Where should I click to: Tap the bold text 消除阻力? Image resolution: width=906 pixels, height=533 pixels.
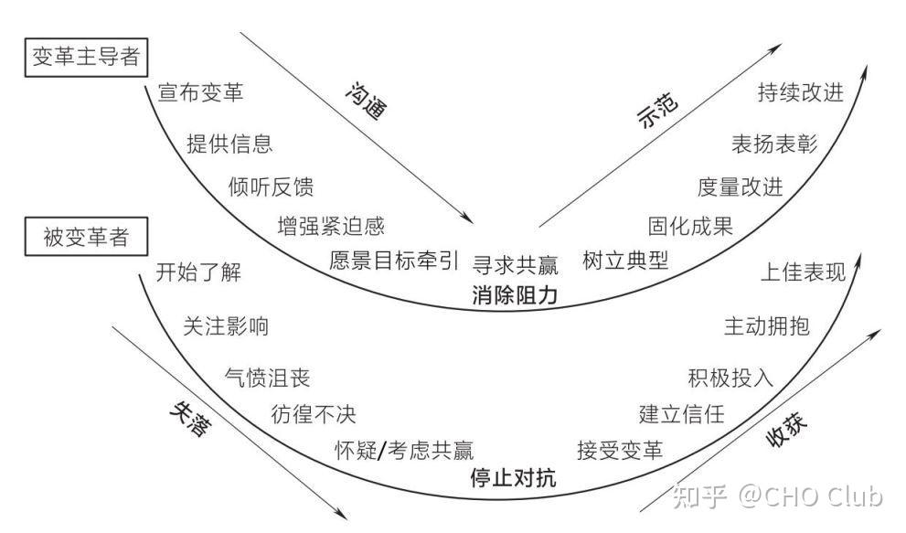(515, 294)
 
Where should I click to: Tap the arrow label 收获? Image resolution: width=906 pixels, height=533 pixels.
(789, 427)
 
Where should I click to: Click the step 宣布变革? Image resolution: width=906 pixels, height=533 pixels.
(200, 92)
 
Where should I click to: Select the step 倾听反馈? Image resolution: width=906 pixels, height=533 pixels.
(271, 187)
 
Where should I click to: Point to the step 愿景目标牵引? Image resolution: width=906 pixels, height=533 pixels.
(394, 261)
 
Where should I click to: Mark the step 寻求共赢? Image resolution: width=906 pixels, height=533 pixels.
(515, 264)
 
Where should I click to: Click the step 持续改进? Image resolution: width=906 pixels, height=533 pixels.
(800, 92)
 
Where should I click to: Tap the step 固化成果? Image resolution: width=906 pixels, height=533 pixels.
(690, 226)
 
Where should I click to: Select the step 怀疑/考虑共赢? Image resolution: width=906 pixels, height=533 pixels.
(404, 448)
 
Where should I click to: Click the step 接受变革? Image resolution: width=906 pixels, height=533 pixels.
(620, 449)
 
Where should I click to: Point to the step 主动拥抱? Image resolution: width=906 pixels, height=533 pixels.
(766, 325)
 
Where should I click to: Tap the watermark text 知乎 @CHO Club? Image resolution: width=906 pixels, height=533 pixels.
(777, 496)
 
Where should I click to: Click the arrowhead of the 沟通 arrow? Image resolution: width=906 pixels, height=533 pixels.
(471, 221)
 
